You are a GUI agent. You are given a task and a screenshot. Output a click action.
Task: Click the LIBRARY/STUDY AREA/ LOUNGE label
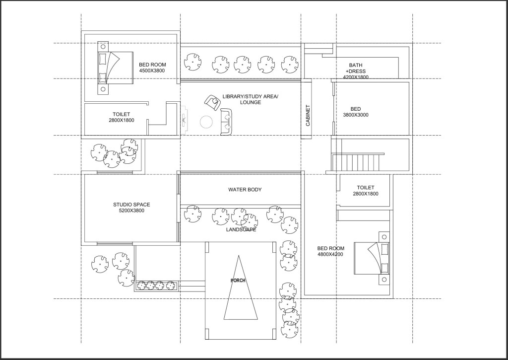[x=250, y=99]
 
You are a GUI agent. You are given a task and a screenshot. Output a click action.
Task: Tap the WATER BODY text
[x=245, y=190]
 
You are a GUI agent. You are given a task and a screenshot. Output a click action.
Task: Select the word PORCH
[x=238, y=281]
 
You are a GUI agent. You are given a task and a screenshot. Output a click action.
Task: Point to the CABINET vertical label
[x=308, y=115]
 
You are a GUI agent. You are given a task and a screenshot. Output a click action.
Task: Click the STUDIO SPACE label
[x=131, y=205]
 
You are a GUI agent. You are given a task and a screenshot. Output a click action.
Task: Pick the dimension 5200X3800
[x=131, y=211]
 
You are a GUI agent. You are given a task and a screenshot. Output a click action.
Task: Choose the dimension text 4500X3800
[x=152, y=71]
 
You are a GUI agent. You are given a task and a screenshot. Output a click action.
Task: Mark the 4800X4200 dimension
[x=330, y=255]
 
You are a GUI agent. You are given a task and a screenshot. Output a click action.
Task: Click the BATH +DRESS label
[x=356, y=68]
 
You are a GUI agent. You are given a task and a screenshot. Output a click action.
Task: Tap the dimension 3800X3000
[x=356, y=115]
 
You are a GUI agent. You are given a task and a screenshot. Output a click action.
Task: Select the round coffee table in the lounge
[x=206, y=122]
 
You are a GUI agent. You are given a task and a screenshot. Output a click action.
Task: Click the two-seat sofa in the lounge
[x=226, y=122]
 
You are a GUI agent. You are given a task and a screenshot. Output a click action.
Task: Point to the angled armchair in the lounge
[x=212, y=103]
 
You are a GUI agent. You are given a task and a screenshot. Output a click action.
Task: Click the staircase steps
[x=356, y=162]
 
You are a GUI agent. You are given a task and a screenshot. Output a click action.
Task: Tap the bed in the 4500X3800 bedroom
[x=115, y=68]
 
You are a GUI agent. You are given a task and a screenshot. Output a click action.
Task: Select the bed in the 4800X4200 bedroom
[x=371, y=259]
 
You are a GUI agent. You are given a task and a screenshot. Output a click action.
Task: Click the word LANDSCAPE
[x=241, y=229]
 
